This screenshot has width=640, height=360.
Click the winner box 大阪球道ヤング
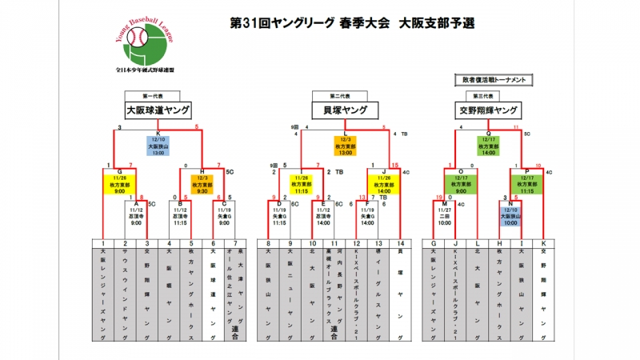click(158, 110)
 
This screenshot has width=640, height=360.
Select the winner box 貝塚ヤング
click(345, 110)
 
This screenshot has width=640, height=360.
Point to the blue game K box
click(158, 146)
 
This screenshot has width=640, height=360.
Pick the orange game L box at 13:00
click(345, 146)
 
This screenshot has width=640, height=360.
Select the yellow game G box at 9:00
click(120, 182)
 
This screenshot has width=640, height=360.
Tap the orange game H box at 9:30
click(202, 182)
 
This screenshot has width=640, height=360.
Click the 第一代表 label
click(158, 95)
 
